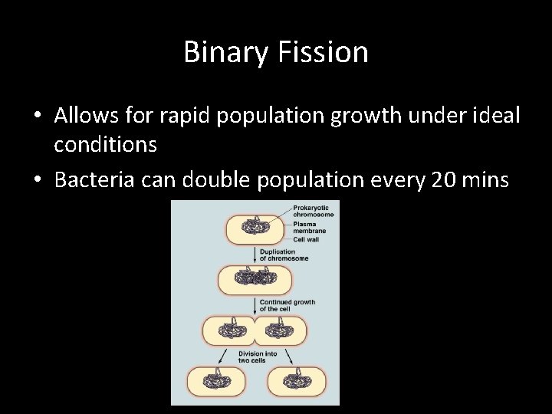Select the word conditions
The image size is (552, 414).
coord(105,144)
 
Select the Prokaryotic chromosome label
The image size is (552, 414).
coord(314,211)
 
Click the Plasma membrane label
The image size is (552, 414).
coord(309,227)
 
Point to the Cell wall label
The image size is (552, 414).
coord(307,239)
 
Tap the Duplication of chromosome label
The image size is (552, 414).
coord(284,255)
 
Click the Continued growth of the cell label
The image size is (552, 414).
coord(287,305)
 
